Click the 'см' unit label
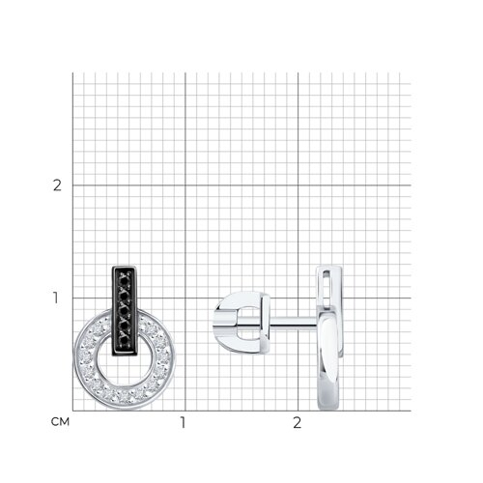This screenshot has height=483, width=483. [x=60, y=422]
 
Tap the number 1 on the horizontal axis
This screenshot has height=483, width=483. [x=184, y=422]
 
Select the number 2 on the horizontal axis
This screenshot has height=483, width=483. [x=298, y=422]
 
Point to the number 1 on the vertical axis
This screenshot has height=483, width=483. [x=56, y=298]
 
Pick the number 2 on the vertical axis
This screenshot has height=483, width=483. [x=57, y=185]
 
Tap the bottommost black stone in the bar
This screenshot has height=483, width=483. [x=124, y=341]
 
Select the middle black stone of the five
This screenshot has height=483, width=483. [x=124, y=311]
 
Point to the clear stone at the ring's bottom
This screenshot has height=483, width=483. [x=125, y=396]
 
